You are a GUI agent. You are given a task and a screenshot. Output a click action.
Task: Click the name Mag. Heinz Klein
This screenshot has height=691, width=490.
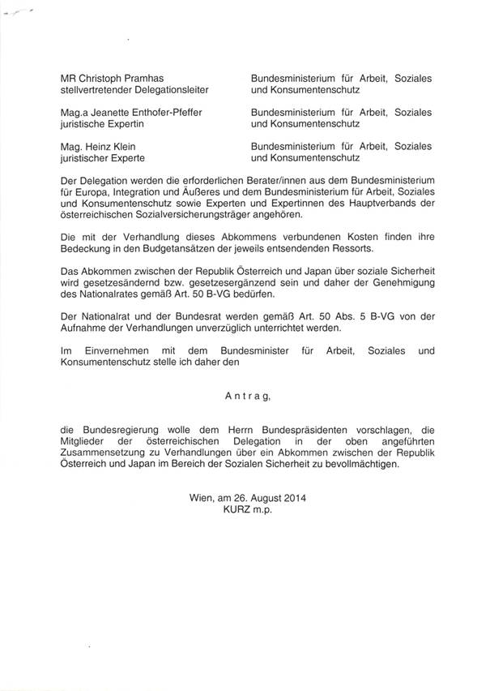(x=96, y=146)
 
